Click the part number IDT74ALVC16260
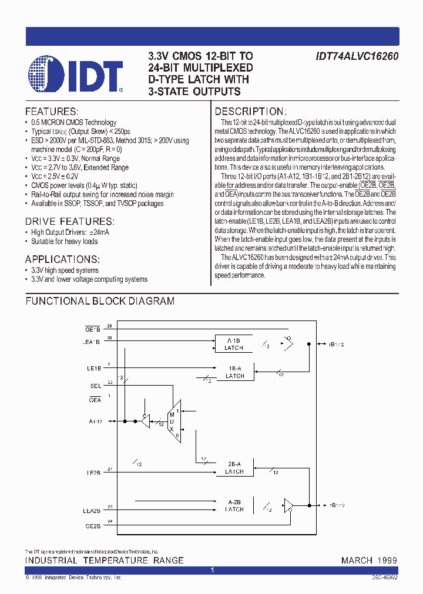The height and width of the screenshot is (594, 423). coord(352,56)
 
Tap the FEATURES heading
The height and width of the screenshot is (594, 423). coord(51,112)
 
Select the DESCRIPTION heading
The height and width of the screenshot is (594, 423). coord(250,112)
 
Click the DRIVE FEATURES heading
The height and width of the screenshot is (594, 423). coord(69,221)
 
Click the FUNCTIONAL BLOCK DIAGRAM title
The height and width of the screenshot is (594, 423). coord(100,301)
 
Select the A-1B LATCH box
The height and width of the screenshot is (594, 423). coord(234,344)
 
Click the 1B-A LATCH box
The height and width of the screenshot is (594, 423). coord(235,372)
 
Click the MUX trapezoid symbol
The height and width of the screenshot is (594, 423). coord(174,416)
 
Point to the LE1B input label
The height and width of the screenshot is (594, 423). coord(95,368)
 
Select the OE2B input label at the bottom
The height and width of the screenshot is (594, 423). coord(93,526)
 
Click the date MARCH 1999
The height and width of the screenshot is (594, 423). coord(369,561)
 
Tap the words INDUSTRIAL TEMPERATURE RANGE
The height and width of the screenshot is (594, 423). coord(104,561)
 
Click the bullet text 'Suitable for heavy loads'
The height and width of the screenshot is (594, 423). coord(64,241)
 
